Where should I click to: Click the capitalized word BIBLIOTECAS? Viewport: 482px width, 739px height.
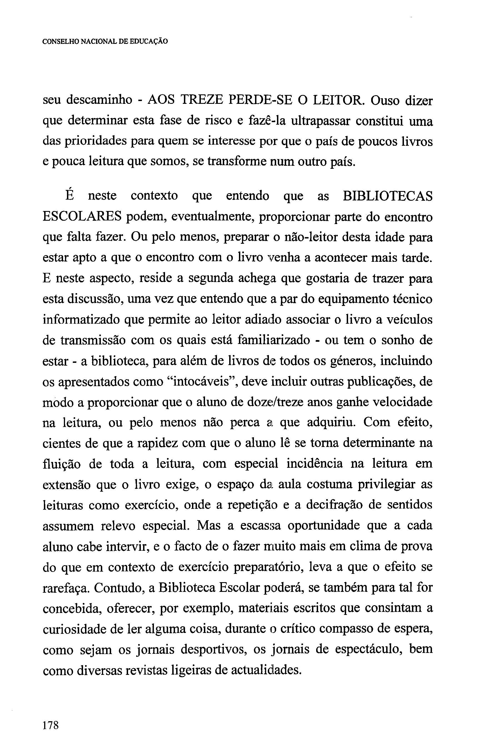click(387, 196)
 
